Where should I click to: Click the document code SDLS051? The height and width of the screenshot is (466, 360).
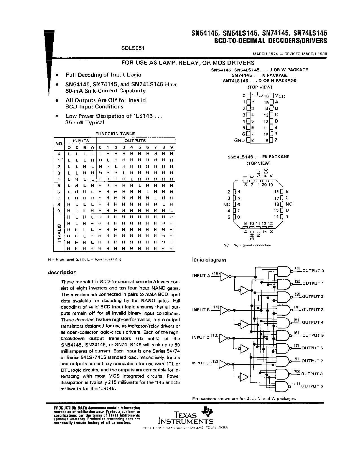point(133,48)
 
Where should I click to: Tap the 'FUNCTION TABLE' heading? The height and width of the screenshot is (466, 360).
point(115,134)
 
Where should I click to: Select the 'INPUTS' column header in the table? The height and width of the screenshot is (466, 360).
point(81,141)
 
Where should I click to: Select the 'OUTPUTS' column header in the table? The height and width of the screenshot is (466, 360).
point(136,141)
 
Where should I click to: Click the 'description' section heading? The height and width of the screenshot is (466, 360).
point(62,272)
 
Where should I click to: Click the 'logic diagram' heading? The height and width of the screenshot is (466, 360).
point(209,260)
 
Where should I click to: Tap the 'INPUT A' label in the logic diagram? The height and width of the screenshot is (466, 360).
point(201,276)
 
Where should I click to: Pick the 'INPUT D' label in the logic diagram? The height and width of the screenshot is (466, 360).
point(201,363)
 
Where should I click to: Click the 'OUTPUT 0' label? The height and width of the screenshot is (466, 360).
point(313,271)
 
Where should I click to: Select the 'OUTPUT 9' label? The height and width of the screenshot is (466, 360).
point(312,386)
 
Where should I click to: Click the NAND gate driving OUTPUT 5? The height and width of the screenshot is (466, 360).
point(283,336)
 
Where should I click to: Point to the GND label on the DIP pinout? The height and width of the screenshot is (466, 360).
point(239,140)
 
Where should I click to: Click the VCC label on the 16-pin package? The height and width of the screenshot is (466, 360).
point(280,96)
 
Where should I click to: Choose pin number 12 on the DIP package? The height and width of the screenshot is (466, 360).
point(266,121)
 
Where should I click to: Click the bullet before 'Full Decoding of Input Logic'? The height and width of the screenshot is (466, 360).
point(57,75)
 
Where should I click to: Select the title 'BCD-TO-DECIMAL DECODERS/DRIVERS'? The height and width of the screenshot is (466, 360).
point(270,40)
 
